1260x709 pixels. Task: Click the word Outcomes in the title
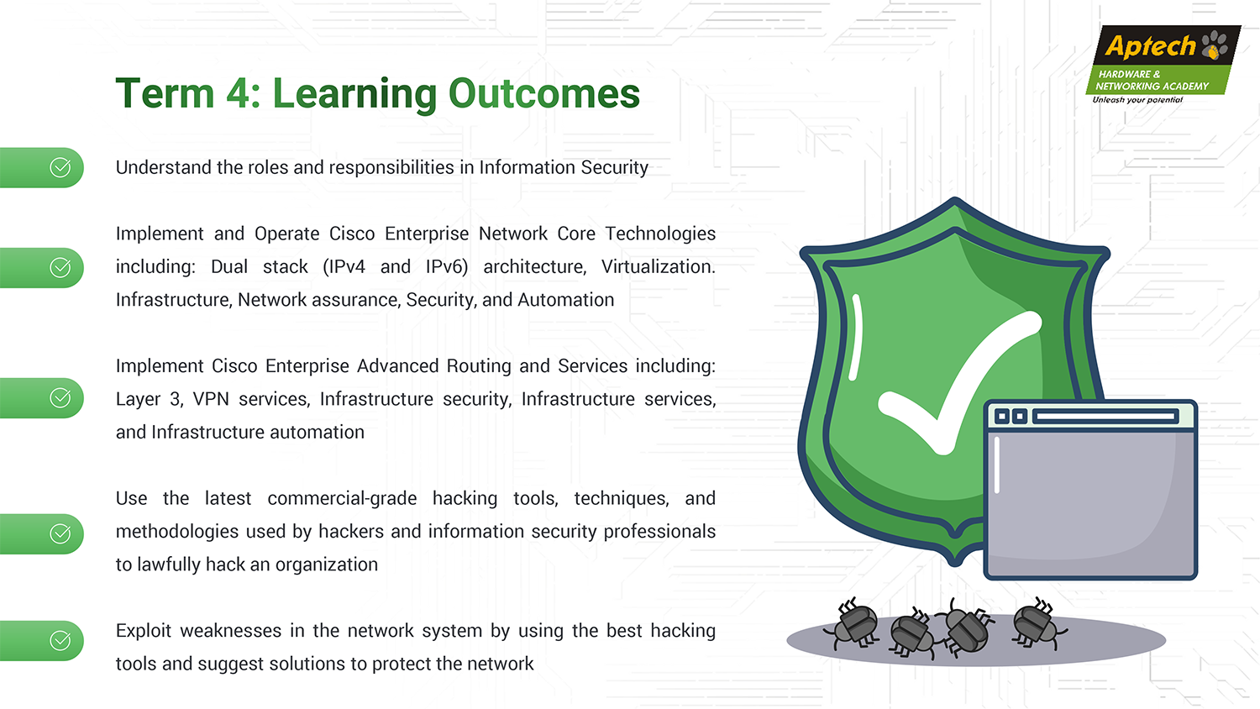pyautogui.click(x=544, y=93)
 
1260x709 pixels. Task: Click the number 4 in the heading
pyautogui.click(x=238, y=93)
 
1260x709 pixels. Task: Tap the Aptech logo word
pyautogui.click(x=1150, y=47)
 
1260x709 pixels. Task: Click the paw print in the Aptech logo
pyautogui.click(x=1215, y=45)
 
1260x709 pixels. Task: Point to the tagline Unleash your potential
pyautogui.click(x=1137, y=100)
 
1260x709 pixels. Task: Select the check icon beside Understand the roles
pyautogui.click(x=60, y=168)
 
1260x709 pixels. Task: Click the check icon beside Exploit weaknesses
pyautogui.click(x=60, y=640)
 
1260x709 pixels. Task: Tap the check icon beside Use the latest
pyautogui.click(x=60, y=533)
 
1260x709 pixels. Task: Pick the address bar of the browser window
pyautogui.click(x=1105, y=417)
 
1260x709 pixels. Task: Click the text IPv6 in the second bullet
pyautogui.click(x=447, y=267)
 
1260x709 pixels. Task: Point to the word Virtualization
pyautogui.click(x=658, y=267)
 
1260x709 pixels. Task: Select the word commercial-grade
pyautogui.click(x=342, y=498)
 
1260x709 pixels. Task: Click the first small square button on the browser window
pyautogui.click(x=1002, y=417)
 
